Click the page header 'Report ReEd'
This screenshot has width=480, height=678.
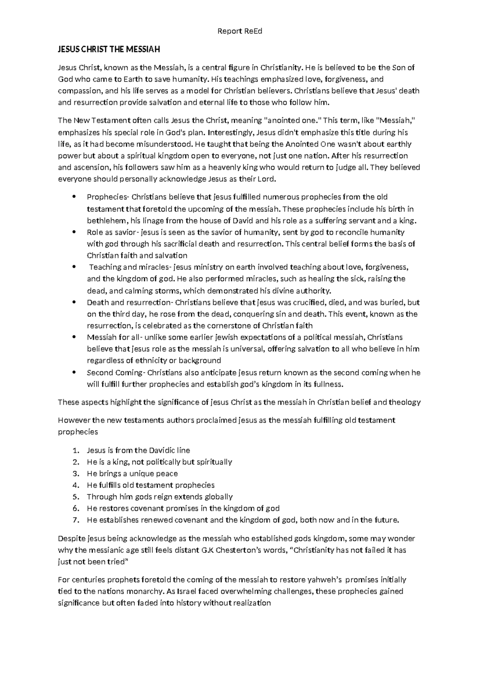(240, 31)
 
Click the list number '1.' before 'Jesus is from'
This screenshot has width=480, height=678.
(76, 451)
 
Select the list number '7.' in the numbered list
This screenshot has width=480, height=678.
(76, 520)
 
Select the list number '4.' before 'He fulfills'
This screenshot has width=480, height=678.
(76, 486)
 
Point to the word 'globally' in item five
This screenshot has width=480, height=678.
(219, 497)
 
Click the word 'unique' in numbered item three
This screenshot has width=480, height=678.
(142, 474)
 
